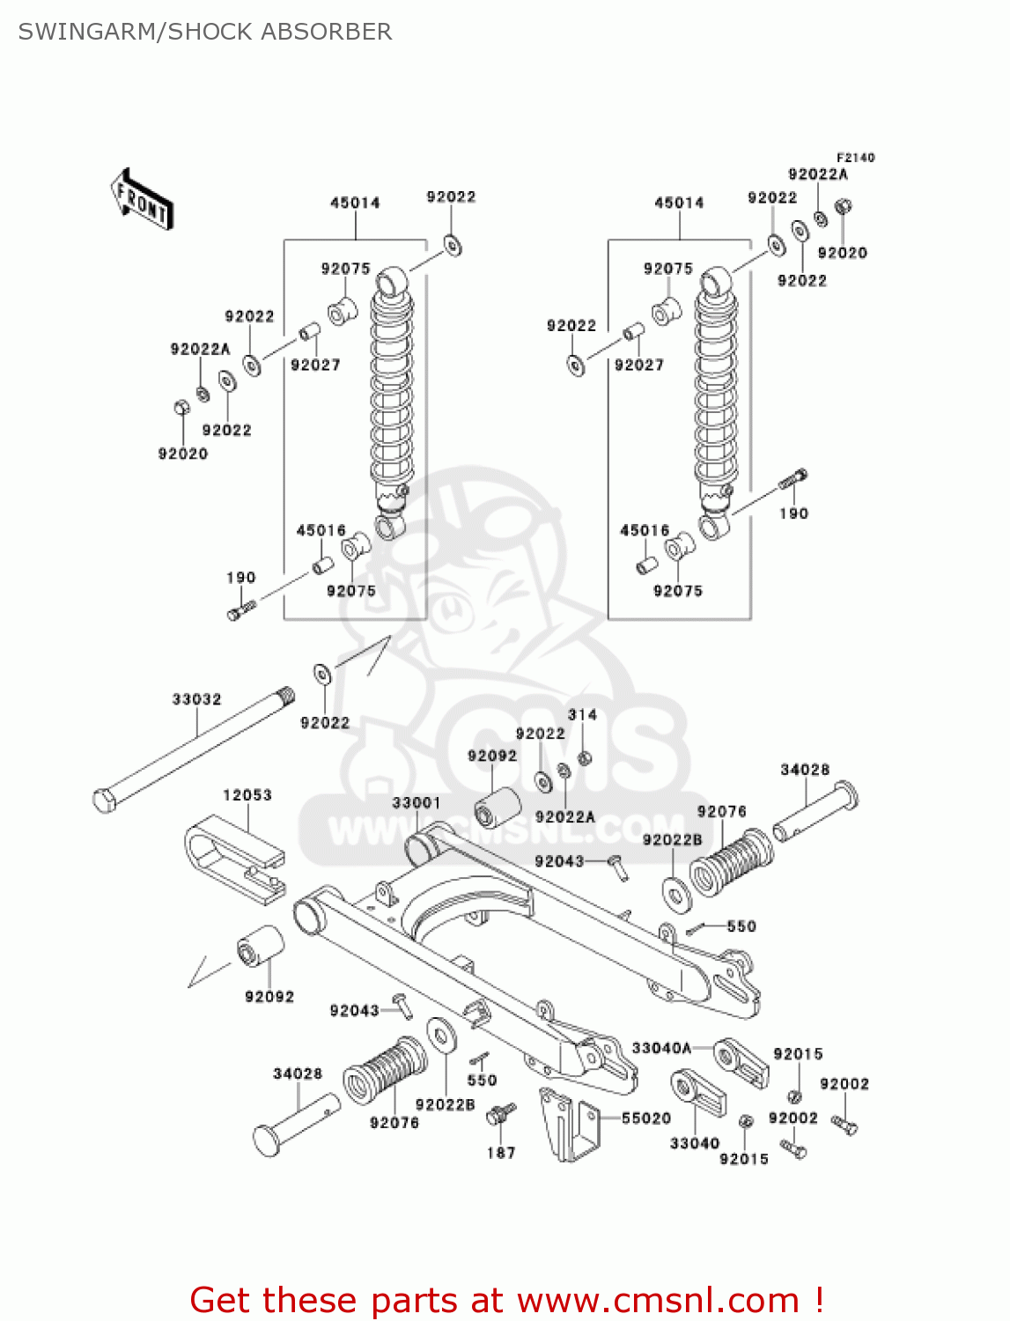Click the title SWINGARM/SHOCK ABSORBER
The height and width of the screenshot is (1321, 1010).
point(204,32)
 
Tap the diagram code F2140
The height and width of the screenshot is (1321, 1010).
point(855,158)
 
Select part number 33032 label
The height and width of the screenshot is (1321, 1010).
point(196,699)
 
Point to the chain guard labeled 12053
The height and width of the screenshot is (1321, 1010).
point(235,860)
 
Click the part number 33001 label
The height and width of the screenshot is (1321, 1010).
point(416,802)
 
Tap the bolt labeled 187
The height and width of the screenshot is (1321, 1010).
point(499,1115)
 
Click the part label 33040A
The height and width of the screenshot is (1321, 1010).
point(661,1048)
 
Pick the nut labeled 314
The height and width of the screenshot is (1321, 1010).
point(583,758)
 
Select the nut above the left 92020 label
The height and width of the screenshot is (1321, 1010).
point(181,409)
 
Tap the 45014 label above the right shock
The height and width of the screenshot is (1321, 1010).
point(679,203)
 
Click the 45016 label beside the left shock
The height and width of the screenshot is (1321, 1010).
point(321,530)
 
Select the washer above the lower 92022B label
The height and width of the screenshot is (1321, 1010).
point(441,1035)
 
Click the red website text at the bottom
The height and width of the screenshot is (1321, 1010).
point(506,1300)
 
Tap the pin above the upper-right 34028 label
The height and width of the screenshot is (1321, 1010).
point(815,810)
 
